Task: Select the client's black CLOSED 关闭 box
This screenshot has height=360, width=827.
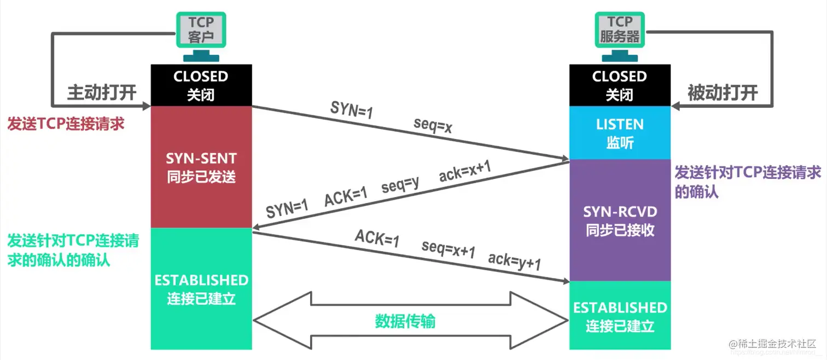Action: tap(201, 85)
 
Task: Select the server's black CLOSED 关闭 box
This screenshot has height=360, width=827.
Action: tap(619, 85)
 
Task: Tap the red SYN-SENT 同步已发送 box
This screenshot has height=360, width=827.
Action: tap(201, 167)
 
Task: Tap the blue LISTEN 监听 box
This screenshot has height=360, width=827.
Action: tap(619, 133)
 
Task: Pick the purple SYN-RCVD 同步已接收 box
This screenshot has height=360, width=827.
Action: tap(619, 220)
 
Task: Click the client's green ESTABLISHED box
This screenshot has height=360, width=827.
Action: tap(201, 289)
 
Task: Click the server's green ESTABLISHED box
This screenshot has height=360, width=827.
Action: tap(619, 316)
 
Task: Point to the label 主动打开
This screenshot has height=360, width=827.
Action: tap(101, 92)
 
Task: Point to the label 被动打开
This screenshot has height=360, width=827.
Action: tap(723, 92)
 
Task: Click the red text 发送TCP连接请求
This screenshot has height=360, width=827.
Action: tap(66, 124)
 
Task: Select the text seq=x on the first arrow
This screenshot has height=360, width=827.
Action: tap(433, 126)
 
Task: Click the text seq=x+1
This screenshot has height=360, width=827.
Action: tap(448, 249)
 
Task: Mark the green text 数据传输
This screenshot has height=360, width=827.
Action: tap(405, 321)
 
